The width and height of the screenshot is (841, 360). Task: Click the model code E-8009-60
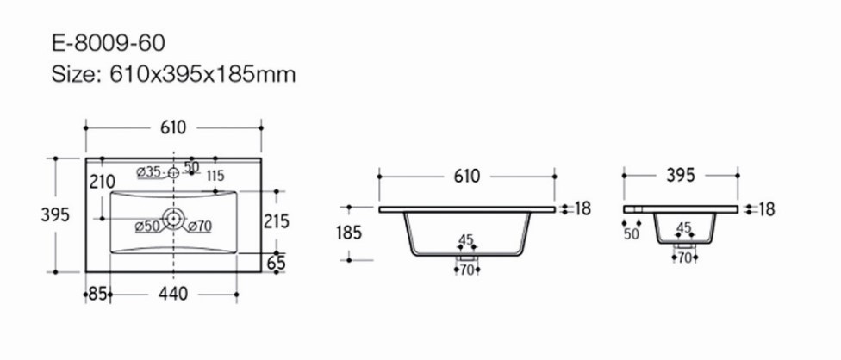pos(109,43)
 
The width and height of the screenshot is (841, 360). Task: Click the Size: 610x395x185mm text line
pos(173,74)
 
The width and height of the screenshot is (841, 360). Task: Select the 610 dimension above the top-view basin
pos(173,127)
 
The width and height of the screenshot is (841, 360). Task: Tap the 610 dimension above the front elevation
pos(467,176)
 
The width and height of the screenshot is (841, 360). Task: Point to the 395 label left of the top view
pos(55,214)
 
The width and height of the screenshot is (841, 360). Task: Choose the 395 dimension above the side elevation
pos(681,175)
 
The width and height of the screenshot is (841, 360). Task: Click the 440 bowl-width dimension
pos(173,294)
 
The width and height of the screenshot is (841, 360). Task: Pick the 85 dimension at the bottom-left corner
pos(97,294)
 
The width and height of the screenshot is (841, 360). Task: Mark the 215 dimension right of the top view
pos(277,220)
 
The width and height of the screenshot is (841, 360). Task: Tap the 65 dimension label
pos(277,263)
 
